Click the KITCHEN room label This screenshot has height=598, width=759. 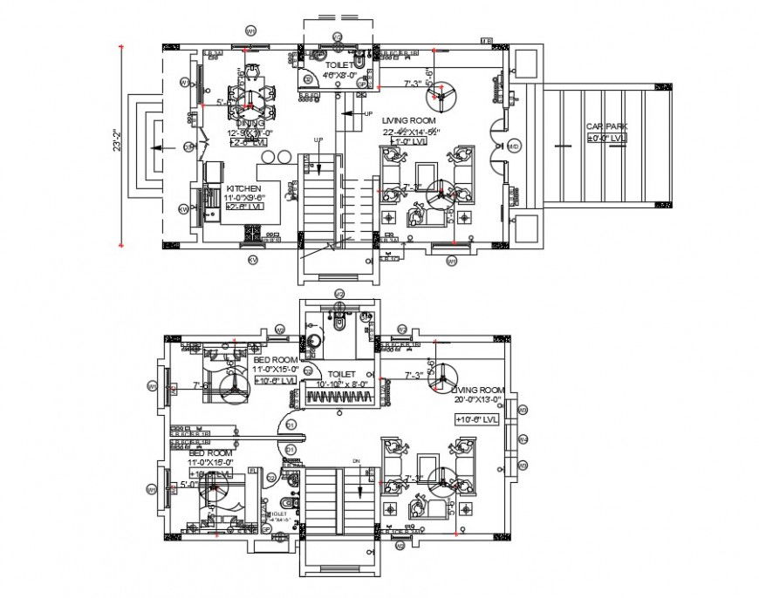pyautogui.click(x=243, y=189)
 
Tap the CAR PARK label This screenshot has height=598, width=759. pyautogui.click(x=605, y=127)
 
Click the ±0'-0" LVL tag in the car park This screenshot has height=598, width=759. pyautogui.click(x=605, y=139)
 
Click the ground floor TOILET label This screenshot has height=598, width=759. pyautogui.click(x=339, y=65)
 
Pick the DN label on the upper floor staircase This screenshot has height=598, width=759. pyautogui.click(x=356, y=460)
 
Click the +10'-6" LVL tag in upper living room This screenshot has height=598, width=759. pyautogui.click(x=476, y=419)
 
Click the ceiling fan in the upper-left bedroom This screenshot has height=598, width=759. pyautogui.click(x=231, y=384)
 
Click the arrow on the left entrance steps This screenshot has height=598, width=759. pyautogui.click(x=155, y=147)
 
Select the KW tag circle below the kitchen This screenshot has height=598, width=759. pyautogui.click(x=253, y=260)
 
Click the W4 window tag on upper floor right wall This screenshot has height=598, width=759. pyautogui.click(x=523, y=438)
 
